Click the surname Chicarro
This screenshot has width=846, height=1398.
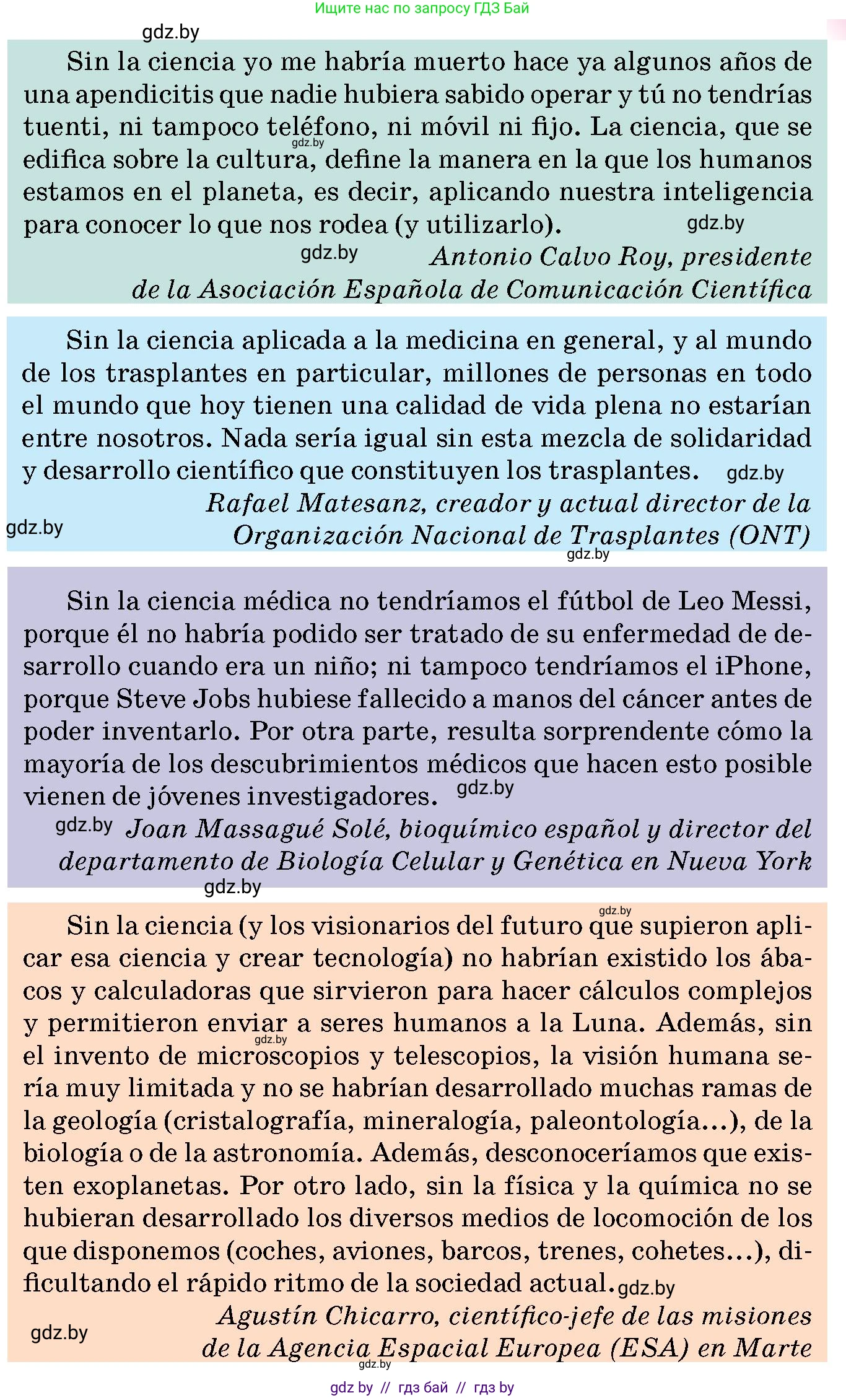point(381,1316)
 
